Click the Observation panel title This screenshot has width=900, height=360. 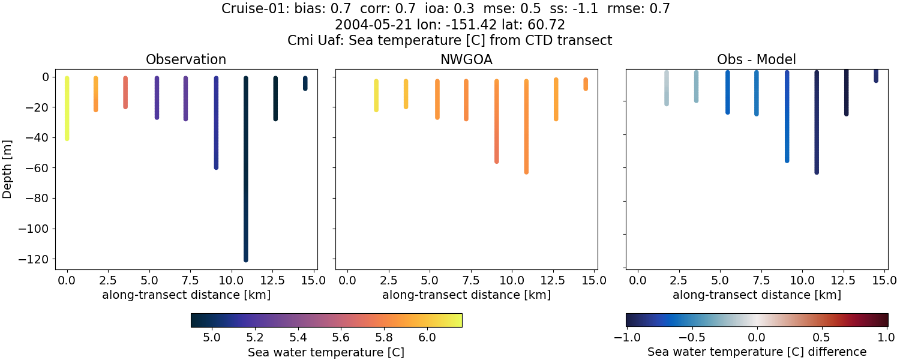click(x=186, y=60)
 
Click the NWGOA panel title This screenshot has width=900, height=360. click(x=466, y=60)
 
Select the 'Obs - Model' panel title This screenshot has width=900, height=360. click(x=756, y=60)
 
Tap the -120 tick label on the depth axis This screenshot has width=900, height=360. click(x=36, y=259)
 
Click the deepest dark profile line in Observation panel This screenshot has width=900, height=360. click(x=246, y=180)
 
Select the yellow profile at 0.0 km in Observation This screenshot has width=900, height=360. click(x=67, y=108)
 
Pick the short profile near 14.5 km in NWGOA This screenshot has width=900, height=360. click(x=586, y=84)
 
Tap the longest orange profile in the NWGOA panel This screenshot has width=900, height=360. click(x=526, y=126)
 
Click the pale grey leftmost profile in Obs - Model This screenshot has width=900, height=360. click(x=667, y=88)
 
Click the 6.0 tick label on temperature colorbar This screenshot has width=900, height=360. click(x=427, y=337)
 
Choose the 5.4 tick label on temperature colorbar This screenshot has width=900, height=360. click(x=298, y=337)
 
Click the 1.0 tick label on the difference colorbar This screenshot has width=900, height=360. click(x=887, y=337)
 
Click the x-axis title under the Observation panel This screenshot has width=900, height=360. click(x=186, y=295)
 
